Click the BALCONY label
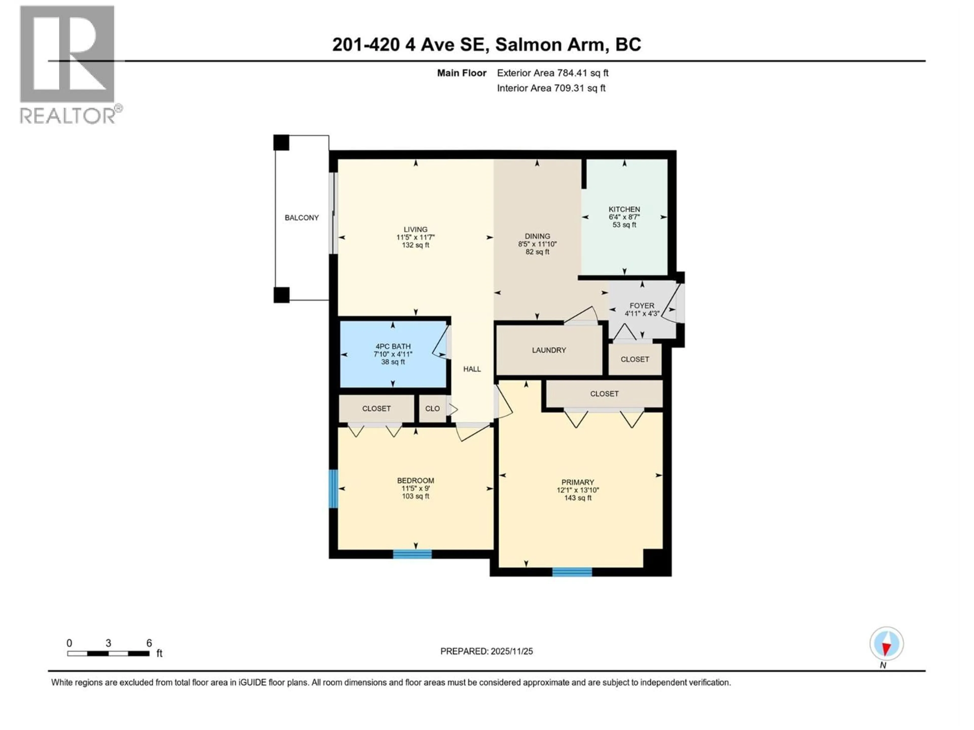(302, 218)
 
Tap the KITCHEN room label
(624, 209)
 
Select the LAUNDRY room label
(549, 350)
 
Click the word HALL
(472, 369)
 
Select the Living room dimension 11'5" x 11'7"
(415, 237)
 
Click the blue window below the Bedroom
(412, 554)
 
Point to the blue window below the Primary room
(572, 572)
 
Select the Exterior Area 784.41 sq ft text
(553, 73)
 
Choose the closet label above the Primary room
(604, 394)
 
